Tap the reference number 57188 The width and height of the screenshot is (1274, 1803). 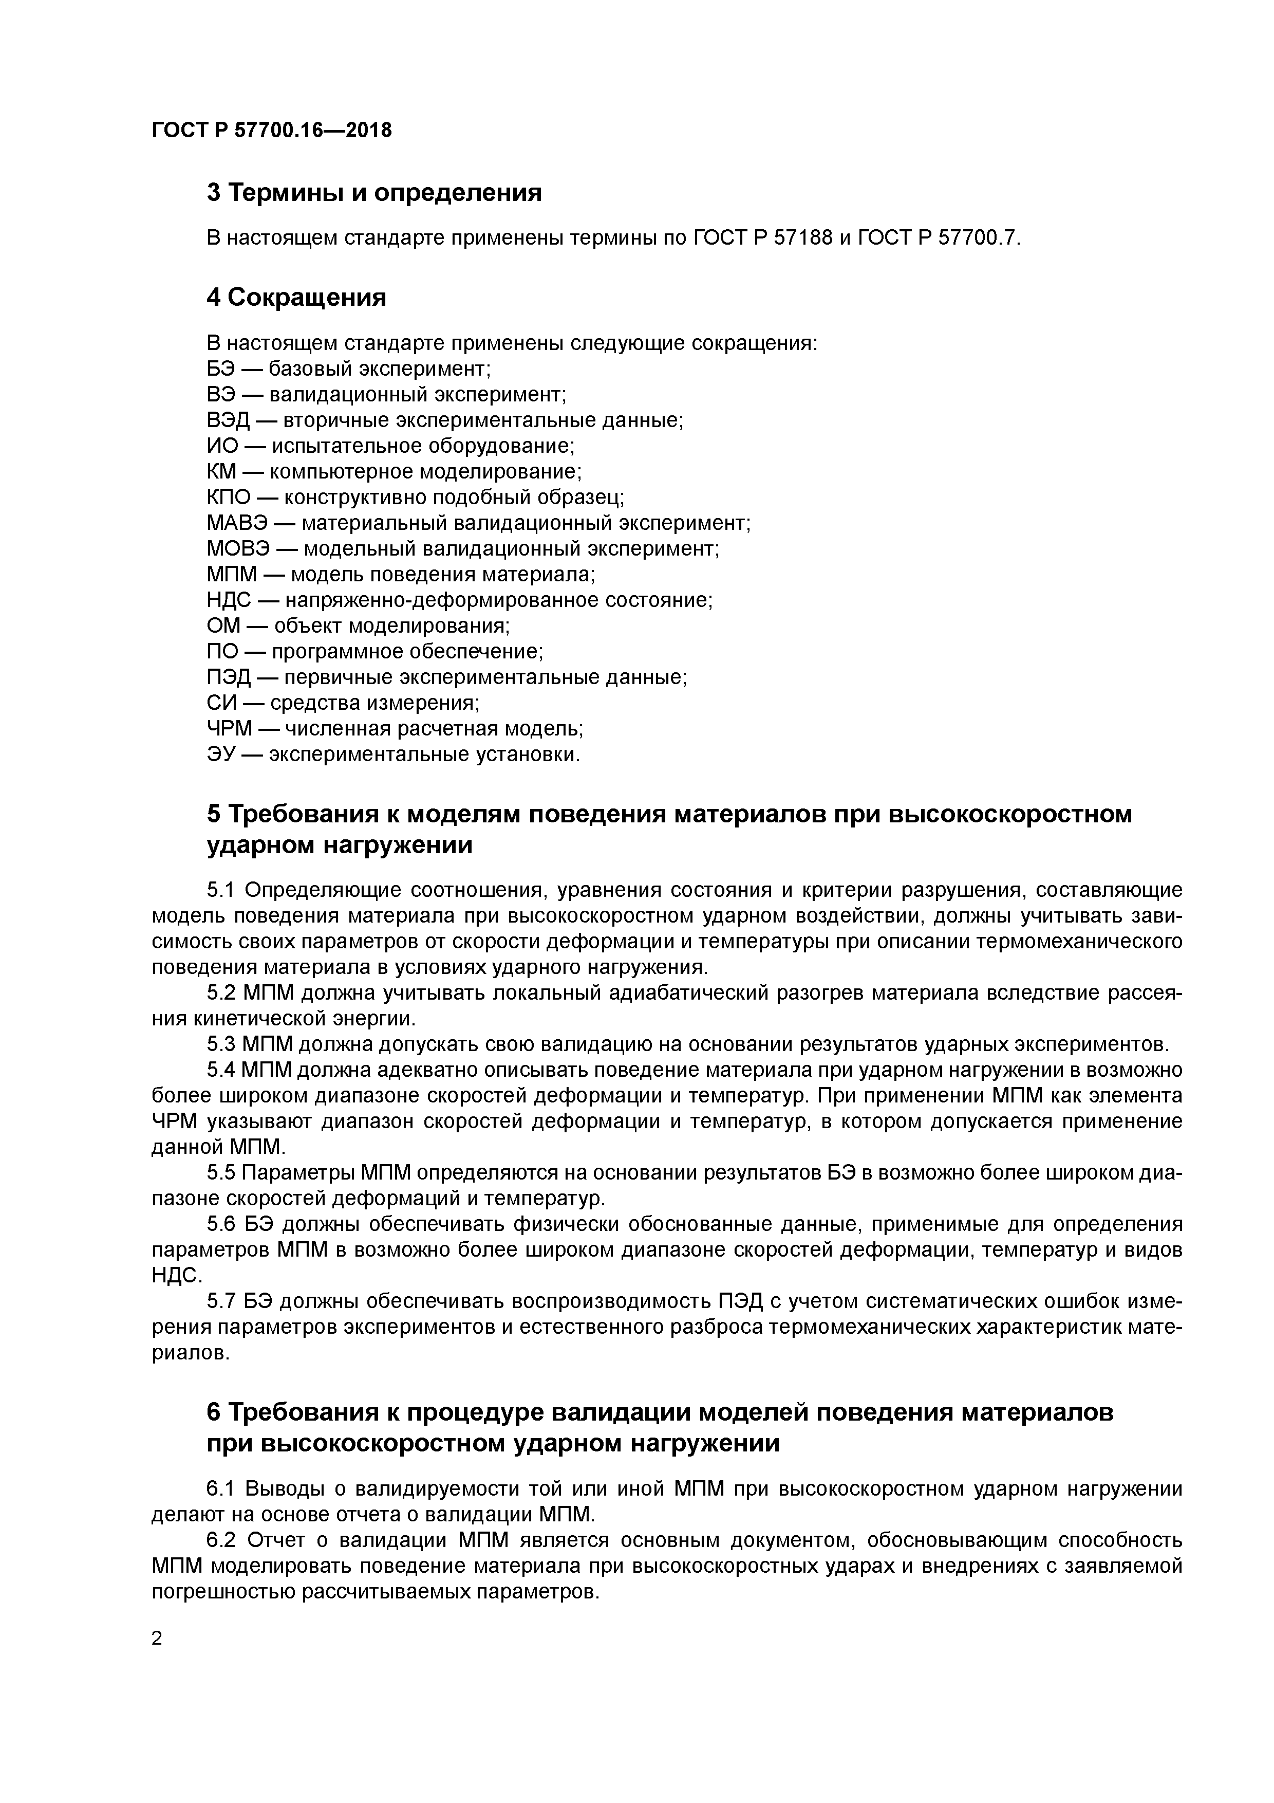[x=802, y=238]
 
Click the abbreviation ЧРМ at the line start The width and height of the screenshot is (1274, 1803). [x=229, y=729]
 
